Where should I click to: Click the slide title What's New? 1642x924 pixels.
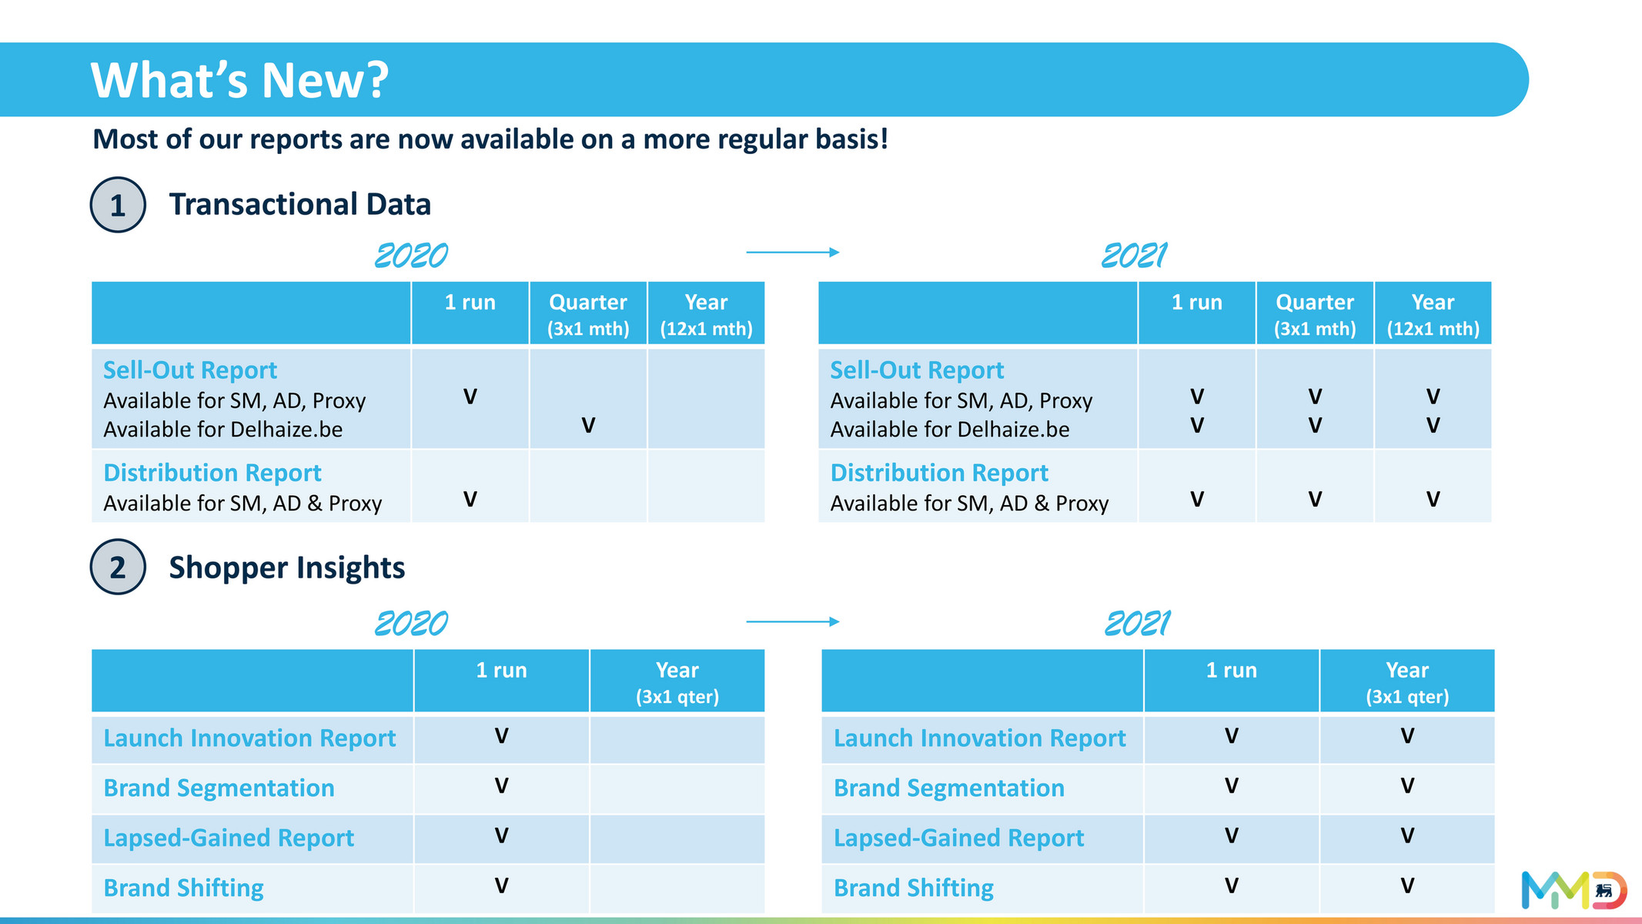pos(239,80)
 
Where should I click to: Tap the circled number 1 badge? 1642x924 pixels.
pos(118,205)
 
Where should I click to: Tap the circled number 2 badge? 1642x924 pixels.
pos(118,567)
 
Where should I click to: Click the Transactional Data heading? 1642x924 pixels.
pos(299,205)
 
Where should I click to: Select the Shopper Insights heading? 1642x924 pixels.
pos(286,567)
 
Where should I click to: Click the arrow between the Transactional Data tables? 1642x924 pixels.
pos(792,252)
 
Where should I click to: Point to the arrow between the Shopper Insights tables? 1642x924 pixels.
pos(792,621)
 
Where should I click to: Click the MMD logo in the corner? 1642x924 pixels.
pos(1573,890)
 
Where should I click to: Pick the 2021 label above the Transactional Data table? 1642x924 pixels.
pos(1134,256)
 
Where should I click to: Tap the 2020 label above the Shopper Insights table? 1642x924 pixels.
pos(411,624)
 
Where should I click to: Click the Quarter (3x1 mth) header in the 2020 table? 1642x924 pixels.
pos(588,314)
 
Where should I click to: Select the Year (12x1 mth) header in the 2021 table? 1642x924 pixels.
pos(1433,314)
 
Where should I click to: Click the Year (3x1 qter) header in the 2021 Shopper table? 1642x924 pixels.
pos(1407,682)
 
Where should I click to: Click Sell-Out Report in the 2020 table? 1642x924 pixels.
pos(190,370)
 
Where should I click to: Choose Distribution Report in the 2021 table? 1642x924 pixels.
pos(939,473)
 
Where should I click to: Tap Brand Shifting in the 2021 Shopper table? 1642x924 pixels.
pos(914,888)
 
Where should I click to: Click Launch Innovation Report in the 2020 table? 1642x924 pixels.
pos(249,738)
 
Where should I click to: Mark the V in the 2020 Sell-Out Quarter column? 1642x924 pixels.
pos(588,425)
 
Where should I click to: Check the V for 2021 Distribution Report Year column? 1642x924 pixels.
pos(1433,500)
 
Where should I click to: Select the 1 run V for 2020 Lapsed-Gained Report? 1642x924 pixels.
pos(501,836)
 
